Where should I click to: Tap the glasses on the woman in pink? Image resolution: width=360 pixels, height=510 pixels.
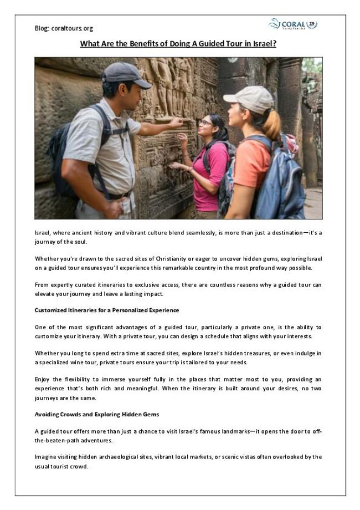tap(205, 122)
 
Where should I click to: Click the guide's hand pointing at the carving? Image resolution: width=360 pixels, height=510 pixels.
tap(176, 121)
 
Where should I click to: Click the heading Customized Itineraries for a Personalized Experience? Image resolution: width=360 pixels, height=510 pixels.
tap(106, 310)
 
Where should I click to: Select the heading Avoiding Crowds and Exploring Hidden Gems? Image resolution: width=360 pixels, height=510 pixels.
tap(96, 414)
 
